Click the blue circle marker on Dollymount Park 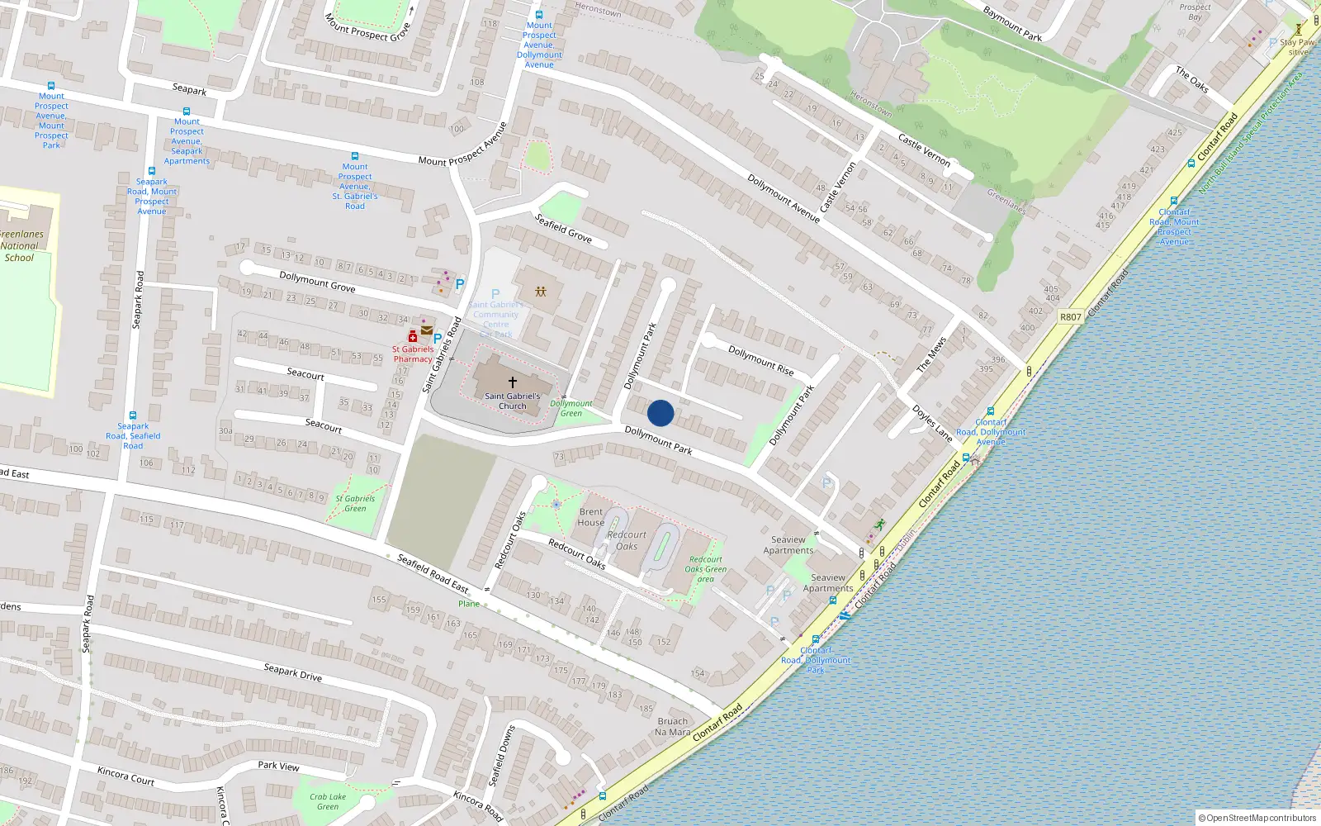click(x=660, y=413)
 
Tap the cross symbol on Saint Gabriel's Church click(x=512, y=382)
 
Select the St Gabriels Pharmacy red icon click(x=413, y=336)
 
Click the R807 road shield click(x=1070, y=317)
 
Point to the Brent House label click(x=591, y=517)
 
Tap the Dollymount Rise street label click(x=760, y=361)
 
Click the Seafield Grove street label click(x=563, y=228)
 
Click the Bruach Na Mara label click(x=672, y=727)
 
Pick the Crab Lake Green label click(x=328, y=801)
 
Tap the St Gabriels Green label click(x=355, y=503)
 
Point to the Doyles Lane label click(x=931, y=422)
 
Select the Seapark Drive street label click(x=292, y=672)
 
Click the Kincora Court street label click(x=125, y=776)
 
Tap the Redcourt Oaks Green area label click(x=705, y=569)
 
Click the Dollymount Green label click(x=571, y=408)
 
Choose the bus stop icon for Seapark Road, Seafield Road click(x=132, y=415)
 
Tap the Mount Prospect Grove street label click(x=368, y=28)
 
